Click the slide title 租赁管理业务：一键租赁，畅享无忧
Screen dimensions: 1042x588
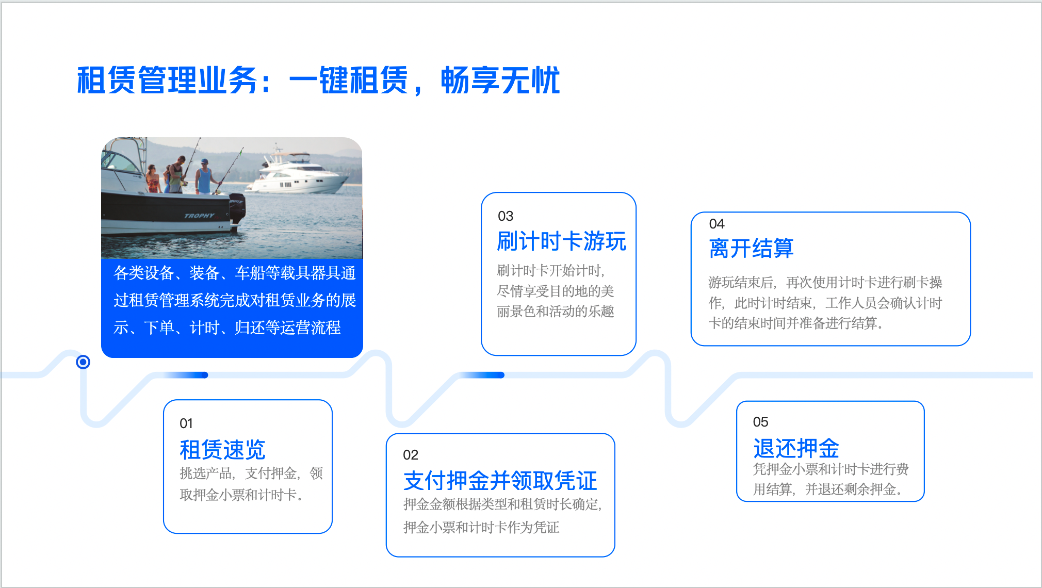[318, 80]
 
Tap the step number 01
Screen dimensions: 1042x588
[186, 423]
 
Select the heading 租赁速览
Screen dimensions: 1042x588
[222, 450]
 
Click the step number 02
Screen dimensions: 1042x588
[411, 455]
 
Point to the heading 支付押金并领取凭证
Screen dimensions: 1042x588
[500, 481]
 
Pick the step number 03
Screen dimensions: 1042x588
[506, 216]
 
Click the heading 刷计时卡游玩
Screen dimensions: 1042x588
[562, 241]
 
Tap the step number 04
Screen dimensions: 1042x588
[717, 224]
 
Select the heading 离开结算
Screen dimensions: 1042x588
[751, 248]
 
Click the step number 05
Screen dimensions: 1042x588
[761, 422]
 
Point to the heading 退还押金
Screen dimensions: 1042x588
[796, 448]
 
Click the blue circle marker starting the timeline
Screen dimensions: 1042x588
[83, 362]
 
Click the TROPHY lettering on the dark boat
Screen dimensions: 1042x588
[199, 216]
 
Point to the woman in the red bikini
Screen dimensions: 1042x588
[153, 179]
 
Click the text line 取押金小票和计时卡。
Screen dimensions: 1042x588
[241, 495]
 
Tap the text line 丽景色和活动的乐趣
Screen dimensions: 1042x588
[556, 312]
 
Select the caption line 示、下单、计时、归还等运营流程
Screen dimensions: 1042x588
[227, 328]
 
